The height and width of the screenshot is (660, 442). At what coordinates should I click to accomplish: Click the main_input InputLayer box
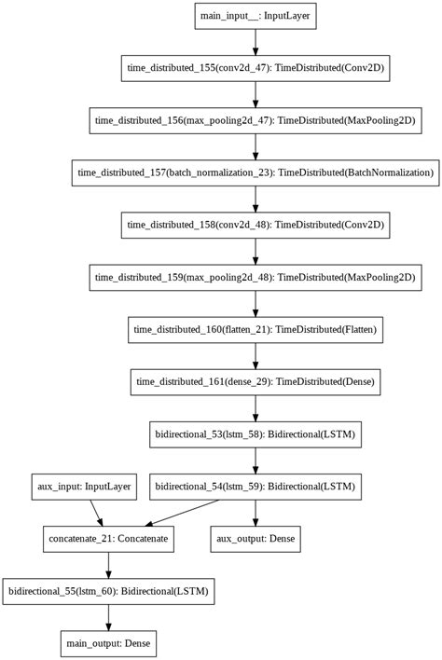pyautogui.click(x=256, y=16)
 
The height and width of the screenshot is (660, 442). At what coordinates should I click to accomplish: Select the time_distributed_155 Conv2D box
pyautogui.click(x=256, y=68)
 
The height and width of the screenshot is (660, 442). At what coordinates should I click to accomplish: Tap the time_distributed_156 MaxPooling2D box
pyautogui.click(x=256, y=120)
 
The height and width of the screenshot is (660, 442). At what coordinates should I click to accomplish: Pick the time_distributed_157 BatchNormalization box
pyautogui.click(x=256, y=172)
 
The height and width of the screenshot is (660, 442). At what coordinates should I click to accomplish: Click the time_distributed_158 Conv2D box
pyautogui.click(x=256, y=225)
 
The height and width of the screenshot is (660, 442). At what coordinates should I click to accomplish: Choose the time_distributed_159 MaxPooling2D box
pyautogui.click(x=256, y=277)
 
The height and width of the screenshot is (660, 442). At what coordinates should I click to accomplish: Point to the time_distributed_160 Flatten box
pyautogui.click(x=256, y=329)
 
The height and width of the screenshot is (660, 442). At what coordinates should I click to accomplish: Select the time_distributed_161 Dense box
pyautogui.click(x=256, y=381)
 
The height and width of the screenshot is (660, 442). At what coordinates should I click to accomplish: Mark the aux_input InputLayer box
pyautogui.click(x=81, y=486)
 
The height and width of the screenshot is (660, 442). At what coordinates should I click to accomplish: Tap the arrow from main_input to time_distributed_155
pyautogui.click(x=256, y=42)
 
